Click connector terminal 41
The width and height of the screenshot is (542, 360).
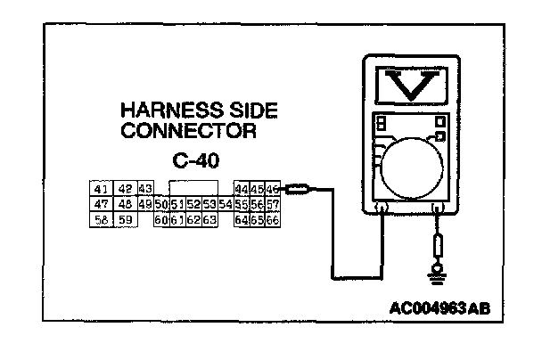click(100, 189)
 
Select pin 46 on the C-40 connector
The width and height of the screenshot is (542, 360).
click(273, 189)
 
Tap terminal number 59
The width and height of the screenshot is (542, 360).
click(125, 219)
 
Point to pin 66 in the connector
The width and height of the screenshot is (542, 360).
click(273, 219)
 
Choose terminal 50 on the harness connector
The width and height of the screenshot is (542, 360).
click(161, 204)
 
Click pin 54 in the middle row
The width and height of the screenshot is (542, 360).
click(225, 204)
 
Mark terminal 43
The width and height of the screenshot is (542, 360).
click(146, 189)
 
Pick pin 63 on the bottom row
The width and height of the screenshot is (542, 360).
click(209, 219)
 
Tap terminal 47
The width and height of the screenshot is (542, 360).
click(100, 204)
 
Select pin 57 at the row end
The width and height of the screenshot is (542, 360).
click(273, 204)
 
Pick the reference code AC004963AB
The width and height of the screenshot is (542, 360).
click(439, 309)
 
